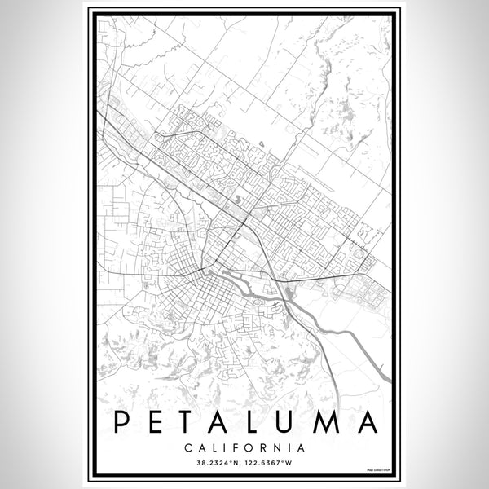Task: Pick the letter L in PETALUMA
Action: tap(262, 422)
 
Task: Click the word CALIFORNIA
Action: tap(244, 447)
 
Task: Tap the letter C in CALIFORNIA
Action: tap(188, 447)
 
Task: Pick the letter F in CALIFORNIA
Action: tap(238, 447)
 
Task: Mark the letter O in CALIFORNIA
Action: tap(252, 447)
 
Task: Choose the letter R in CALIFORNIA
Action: tap(266, 447)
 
